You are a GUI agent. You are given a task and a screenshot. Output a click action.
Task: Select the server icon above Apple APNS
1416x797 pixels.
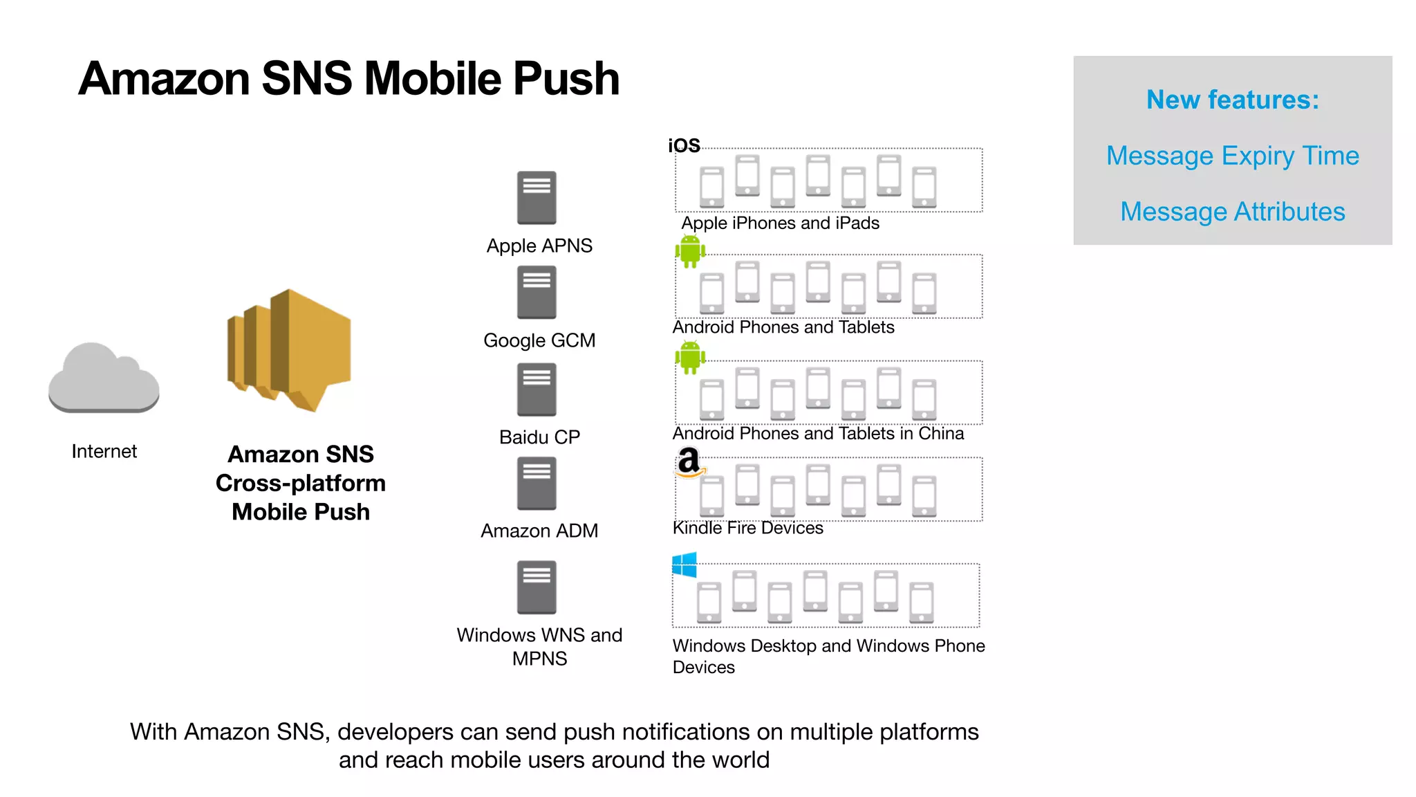click(537, 198)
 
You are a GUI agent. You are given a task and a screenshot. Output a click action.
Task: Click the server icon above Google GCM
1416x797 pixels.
click(537, 293)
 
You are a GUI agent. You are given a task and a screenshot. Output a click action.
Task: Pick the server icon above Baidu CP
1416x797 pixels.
click(537, 390)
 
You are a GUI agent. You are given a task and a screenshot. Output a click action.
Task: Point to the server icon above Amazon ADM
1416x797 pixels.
click(537, 484)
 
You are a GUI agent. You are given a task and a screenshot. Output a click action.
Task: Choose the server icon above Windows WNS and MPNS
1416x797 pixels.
click(537, 587)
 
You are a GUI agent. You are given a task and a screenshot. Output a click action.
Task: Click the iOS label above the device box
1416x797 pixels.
click(684, 145)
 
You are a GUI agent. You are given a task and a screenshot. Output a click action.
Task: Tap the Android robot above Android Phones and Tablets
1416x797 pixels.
click(690, 251)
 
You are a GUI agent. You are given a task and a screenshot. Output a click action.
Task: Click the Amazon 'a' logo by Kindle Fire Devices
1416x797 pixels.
click(690, 462)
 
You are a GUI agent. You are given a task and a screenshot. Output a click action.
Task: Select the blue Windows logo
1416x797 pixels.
click(684, 565)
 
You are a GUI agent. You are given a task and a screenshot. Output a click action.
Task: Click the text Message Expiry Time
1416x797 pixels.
click(1232, 156)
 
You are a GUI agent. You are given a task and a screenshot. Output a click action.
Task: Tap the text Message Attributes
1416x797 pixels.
click(1232, 212)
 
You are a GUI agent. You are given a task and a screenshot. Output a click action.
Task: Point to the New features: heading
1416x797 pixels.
click(1232, 100)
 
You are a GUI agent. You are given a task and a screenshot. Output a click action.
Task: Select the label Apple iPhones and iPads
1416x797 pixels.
click(780, 223)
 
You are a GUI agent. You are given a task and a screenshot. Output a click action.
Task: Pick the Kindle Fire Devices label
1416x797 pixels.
click(747, 528)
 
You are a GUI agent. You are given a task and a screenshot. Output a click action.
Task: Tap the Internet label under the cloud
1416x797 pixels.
click(104, 451)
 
